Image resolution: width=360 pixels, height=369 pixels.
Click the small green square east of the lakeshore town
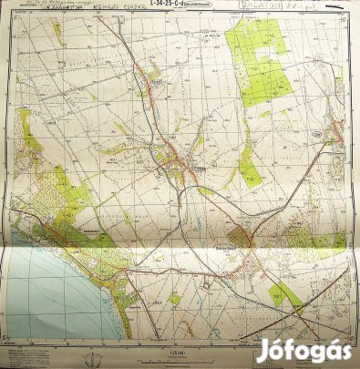[x=174, y=298]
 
